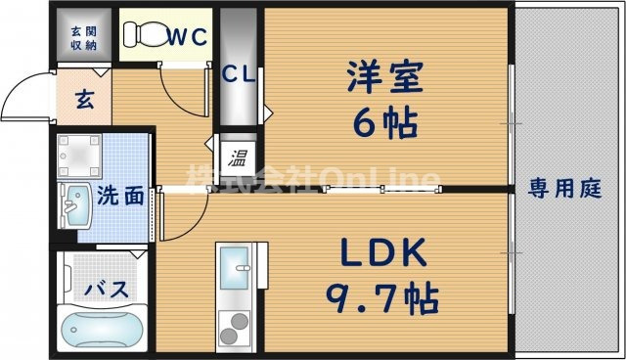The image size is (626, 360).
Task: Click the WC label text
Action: point(186,37)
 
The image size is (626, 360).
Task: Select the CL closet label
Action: point(239,74)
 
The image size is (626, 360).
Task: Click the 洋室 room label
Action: point(382,75)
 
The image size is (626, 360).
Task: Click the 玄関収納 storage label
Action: point(84,36)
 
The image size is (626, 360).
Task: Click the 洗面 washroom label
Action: point(120,196)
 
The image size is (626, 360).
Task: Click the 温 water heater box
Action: point(239,156)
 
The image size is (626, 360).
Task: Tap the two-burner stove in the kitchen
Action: point(236,327)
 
